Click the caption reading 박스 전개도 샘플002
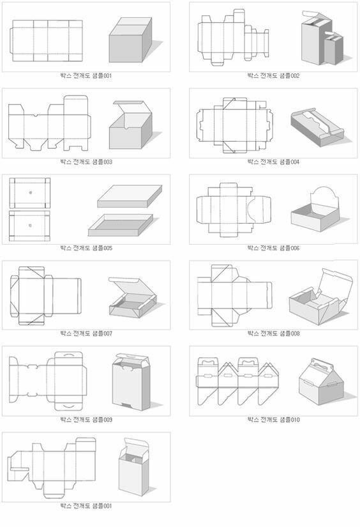(x=273, y=75)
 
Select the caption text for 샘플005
(x=86, y=248)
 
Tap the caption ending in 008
(x=273, y=333)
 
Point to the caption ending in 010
(x=273, y=420)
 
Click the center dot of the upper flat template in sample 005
(x=31, y=192)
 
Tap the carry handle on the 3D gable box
(x=320, y=363)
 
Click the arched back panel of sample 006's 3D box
(x=323, y=197)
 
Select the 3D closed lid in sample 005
(x=130, y=196)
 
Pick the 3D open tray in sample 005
(x=121, y=225)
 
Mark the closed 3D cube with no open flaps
(x=131, y=40)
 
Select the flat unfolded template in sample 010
(x=237, y=381)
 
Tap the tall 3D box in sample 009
(x=131, y=382)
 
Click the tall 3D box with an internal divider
(x=133, y=467)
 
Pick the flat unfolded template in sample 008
(x=234, y=295)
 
